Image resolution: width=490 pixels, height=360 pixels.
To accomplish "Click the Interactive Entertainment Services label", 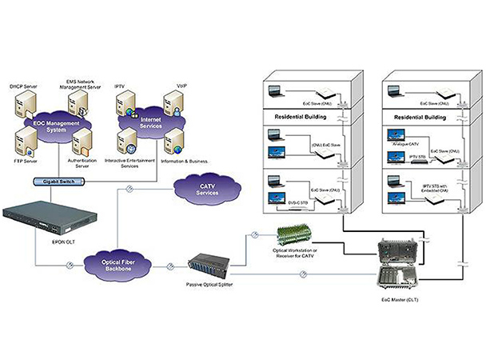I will [129, 163].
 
